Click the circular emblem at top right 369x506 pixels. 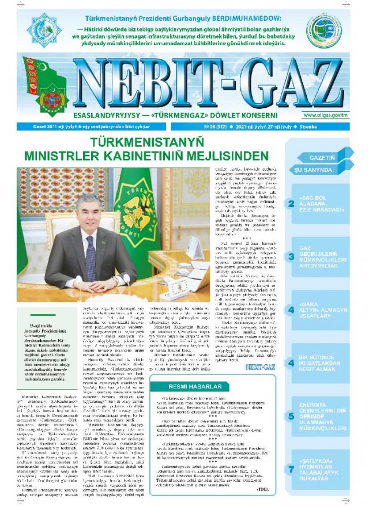323,30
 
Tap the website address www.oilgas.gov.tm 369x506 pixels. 326,115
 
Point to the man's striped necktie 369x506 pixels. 90,259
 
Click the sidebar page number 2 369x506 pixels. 292,203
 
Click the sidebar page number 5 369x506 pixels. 292,416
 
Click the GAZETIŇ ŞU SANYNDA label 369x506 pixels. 316,164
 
